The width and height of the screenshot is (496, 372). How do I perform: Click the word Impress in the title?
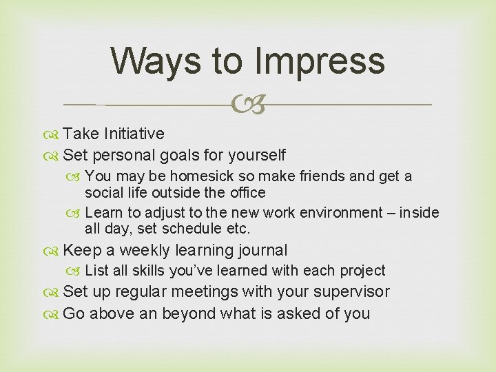(x=319, y=61)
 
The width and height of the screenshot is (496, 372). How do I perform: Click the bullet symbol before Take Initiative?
(x=54, y=134)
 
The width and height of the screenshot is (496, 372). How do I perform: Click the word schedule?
(x=189, y=229)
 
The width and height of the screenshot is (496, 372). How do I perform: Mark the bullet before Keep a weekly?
(x=54, y=251)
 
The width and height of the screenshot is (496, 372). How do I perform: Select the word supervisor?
(x=351, y=292)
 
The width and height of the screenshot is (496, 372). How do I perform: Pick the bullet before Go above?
(x=54, y=314)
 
